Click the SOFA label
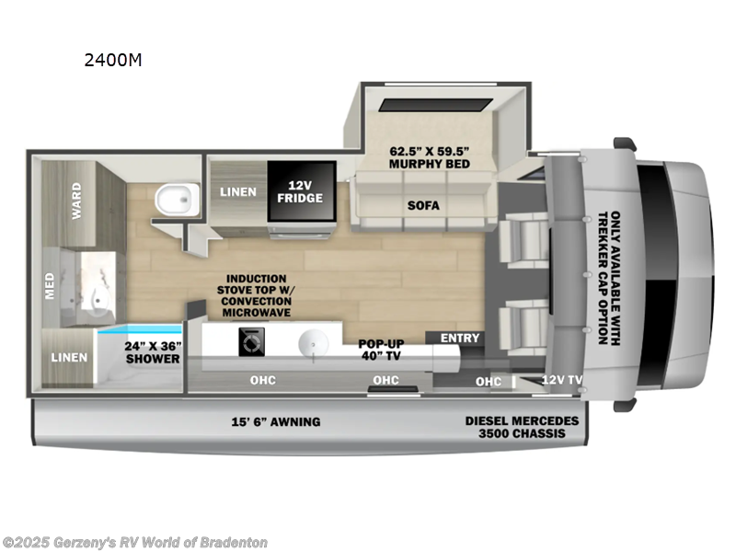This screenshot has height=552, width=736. [x=423, y=205]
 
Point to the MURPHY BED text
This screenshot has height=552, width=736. [x=429, y=156]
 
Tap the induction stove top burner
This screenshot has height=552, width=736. [x=248, y=343]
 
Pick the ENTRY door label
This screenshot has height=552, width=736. [x=460, y=338]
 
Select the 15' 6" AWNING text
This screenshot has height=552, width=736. [x=275, y=421]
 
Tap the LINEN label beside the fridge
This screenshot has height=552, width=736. [x=238, y=192]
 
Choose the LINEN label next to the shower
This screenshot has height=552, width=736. [x=68, y=357]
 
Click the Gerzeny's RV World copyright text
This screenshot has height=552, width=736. [x=135, y=543]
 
